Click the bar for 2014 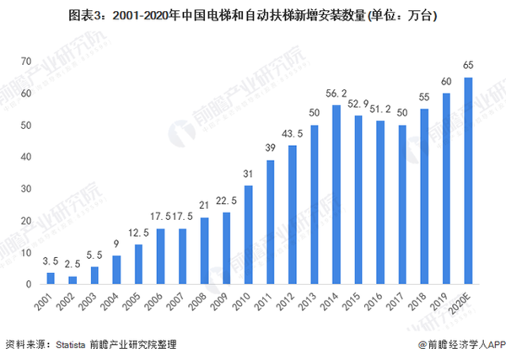[336, 194]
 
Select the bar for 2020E [468, 180]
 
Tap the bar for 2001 [51, 278]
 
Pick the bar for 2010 [249, 234]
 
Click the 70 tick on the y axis [26, 61]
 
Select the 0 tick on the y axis [29, 284]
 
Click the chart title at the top [253, 15]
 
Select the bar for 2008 [204, 250]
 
